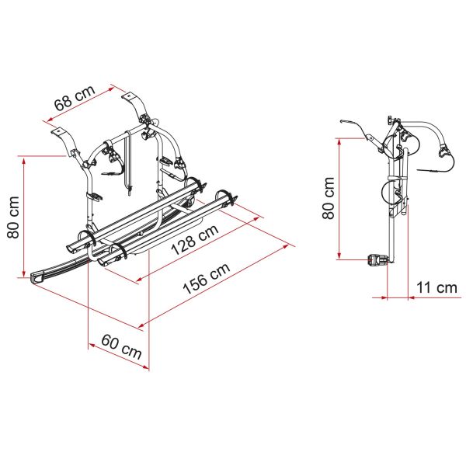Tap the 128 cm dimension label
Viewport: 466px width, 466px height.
point(195,239)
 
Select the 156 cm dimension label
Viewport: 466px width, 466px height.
point(207,278)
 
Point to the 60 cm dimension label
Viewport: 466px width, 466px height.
point(121,346)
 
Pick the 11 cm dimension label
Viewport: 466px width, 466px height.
point(436,287)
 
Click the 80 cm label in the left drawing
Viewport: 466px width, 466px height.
point(13,217)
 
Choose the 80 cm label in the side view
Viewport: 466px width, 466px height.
point(328,198)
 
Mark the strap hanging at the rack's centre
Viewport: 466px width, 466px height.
point(128,162)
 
